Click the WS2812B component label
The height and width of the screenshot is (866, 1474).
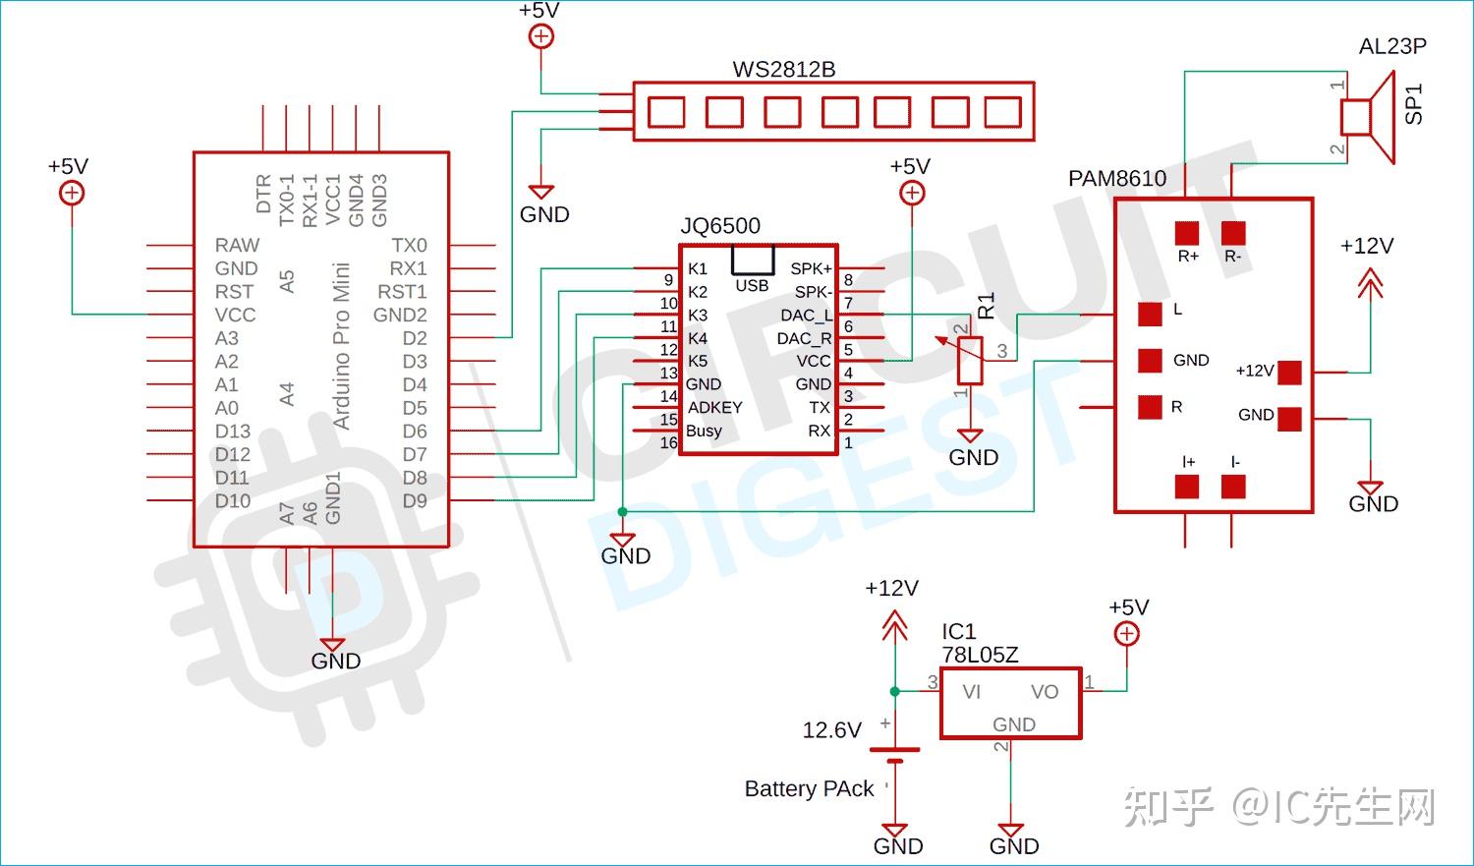[783, 70]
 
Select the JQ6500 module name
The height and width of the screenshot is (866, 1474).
[720, 225]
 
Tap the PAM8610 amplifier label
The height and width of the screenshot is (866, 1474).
[1117, 179]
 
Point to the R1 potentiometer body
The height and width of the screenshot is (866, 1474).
[970, 360]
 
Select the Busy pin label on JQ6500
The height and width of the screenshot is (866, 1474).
[704, 431]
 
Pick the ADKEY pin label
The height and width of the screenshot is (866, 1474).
[714, 407]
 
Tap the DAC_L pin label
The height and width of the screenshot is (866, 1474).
[806, 316]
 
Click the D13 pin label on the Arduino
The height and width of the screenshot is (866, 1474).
[233, 432]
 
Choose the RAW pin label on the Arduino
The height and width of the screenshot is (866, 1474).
[237, 245]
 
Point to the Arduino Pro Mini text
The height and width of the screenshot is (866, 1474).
[341, 346]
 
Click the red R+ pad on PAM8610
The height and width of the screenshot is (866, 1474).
[1187, 233]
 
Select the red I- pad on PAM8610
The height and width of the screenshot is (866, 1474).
[1233, 487]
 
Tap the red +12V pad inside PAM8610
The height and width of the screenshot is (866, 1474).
[1289, 372]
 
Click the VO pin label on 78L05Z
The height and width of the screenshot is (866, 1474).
[1044, 692]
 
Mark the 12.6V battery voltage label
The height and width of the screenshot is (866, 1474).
[831, 730]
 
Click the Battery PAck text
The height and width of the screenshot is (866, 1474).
[809, 789]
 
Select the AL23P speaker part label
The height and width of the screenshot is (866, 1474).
[1392, 46]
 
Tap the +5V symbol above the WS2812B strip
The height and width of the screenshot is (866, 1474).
[540, 36]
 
